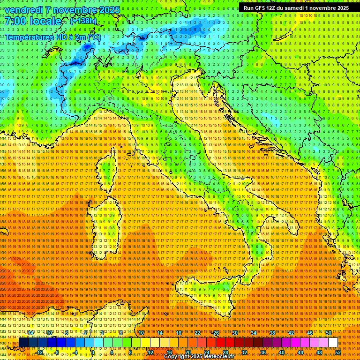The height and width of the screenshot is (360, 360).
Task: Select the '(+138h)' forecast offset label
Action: click(83, 21)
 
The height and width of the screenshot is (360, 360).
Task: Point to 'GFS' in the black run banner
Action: click(261, 8)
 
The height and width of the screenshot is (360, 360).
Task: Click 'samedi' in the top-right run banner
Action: click(296, 8)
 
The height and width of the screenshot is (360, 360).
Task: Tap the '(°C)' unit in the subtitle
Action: click(93, 37)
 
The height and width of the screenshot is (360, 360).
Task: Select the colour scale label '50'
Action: click(329, 333)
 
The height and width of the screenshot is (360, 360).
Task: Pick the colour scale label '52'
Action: click(337, 352)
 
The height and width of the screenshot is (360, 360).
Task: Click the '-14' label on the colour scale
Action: click(30, 333)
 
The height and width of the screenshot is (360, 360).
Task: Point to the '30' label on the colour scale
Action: click(234, 333)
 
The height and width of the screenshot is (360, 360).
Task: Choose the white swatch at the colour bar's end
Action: click(333, 343)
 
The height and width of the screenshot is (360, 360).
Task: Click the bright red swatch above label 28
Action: click(225, 343)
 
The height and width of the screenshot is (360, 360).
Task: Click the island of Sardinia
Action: click(106, 225)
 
